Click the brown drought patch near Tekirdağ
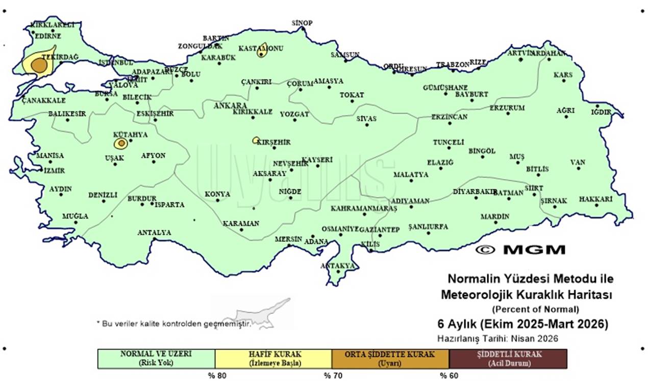tap(39, 66)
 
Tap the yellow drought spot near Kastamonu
tap(262, 51)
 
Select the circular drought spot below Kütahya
tap(120, 144)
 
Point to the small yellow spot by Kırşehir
tap(256, 140)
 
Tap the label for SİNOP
tap(302, 23)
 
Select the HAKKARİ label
tap(595, 199)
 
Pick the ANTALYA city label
tap(154, 233)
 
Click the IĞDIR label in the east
tap(601, 112)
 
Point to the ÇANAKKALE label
tap(43, 100)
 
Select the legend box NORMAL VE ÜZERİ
tap(156, 359)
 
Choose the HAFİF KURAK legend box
tap(273, 359)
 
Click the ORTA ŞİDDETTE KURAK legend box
tap(390, 359)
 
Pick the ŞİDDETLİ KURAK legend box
tap(508, 359)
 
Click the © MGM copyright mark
tap(520, 250)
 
